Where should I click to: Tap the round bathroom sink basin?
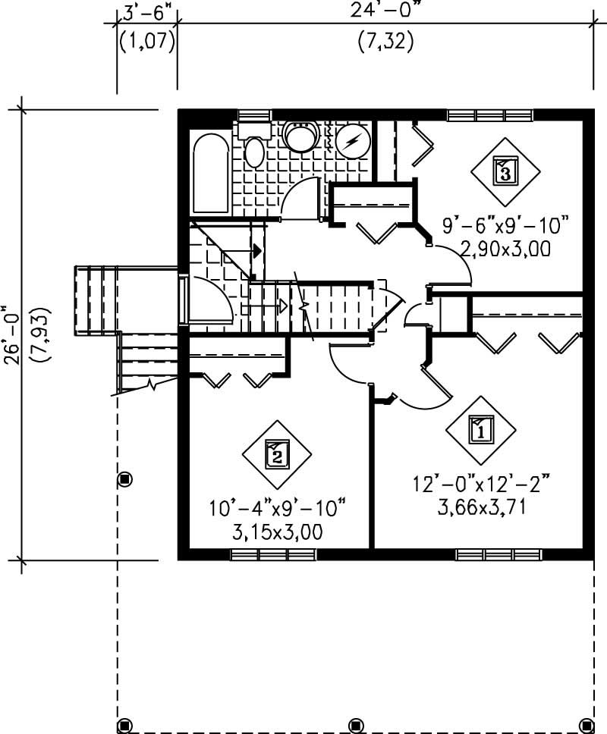301,138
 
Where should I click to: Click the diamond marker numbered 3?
505,171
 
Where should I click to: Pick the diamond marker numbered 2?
277,455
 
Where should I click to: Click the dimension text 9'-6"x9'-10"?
505,225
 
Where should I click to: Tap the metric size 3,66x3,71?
481,506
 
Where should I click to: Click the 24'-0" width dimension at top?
385,11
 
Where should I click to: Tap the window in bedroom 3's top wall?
489,115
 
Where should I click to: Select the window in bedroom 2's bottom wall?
273,555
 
